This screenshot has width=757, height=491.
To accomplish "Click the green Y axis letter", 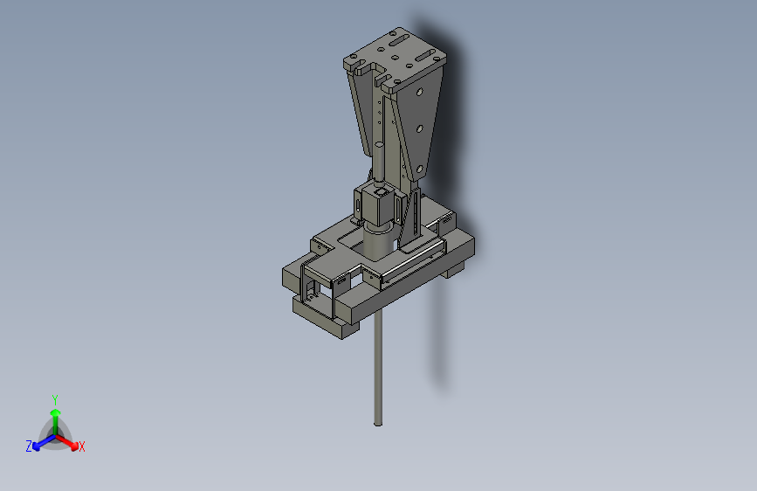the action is tap(55, 399).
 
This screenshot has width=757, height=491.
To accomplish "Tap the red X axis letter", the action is tap(81, 446).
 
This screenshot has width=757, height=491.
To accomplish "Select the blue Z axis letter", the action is tap(29, 446).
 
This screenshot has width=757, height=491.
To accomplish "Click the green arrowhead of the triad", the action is tap(56, 412).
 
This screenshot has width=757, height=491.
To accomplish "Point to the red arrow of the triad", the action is tap(66, 442).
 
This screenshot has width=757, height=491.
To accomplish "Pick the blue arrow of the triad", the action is tap(45, 442).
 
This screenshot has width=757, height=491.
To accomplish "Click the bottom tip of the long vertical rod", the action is tap(378, 425).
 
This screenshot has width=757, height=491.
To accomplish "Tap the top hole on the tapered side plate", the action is tap(420, 92).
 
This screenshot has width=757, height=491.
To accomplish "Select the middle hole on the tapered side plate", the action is tap(419, 129).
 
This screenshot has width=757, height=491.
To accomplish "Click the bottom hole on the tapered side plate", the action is tap(419, 169).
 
